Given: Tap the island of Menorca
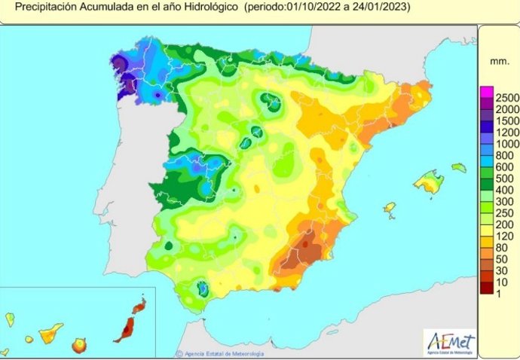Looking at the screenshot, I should (x=459, y=168).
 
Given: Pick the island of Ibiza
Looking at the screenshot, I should (x=389, y=207).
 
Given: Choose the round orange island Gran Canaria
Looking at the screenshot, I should (x=79, y=345).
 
